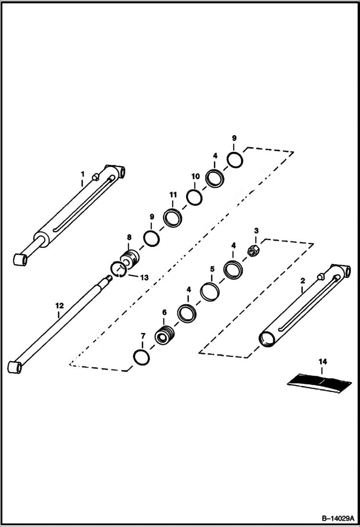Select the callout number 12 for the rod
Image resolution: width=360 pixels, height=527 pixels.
point(59,305)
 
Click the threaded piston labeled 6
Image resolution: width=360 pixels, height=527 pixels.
point(165,334)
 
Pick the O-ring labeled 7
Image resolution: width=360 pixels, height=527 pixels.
point(141,357)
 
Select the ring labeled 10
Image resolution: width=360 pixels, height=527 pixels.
point(194,197)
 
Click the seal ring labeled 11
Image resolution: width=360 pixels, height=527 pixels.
point(173,218)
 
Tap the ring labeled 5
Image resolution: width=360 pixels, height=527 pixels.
point(210,292)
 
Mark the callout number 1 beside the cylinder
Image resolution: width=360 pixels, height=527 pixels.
point(82,172)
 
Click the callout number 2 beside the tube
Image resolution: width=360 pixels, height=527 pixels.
point(302,279)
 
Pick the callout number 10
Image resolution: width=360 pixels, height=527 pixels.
point(195,177)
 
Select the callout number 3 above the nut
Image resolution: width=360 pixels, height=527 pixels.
point(256,231)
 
